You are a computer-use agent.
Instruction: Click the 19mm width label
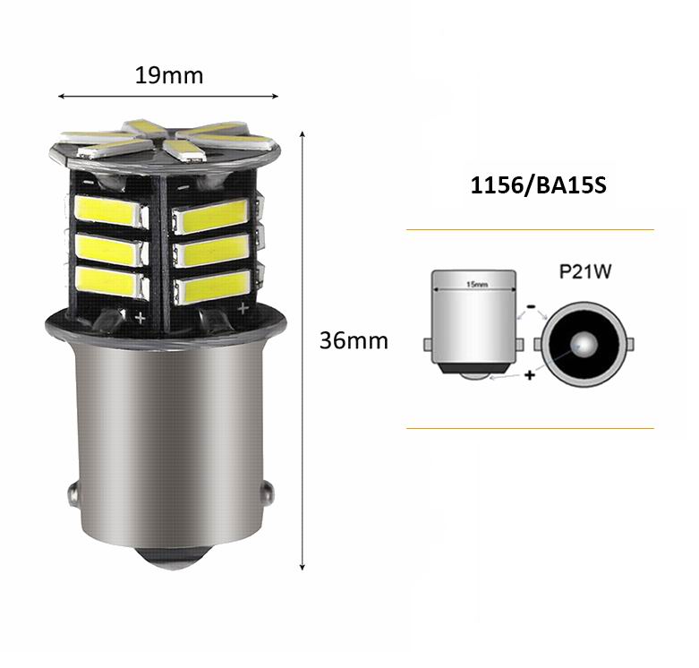[169, 75]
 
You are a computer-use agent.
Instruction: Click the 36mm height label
[354, 340]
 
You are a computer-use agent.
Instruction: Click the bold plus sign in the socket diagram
[530, 375]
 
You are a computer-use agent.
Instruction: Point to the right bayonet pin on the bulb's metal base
[268, 492]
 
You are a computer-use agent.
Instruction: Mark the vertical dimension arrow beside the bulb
[303, 349]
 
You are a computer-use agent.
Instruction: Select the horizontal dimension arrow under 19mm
[168, 95]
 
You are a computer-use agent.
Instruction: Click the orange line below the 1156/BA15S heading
[530, 230]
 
